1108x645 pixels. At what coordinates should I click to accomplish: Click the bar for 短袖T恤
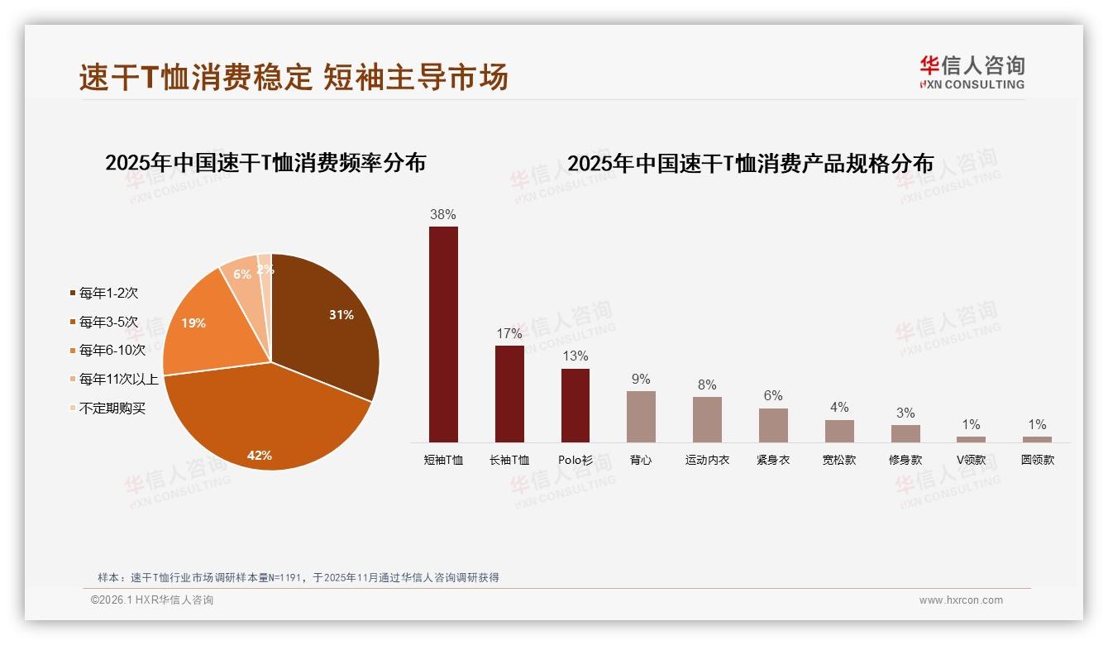click(443, 334)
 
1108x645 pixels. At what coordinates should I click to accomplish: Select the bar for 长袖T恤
click(509, 394)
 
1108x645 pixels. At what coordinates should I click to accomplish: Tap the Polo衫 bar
click(575, 405)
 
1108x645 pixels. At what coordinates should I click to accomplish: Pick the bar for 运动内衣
click(707, 419)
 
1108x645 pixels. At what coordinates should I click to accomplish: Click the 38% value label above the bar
click(443, 215)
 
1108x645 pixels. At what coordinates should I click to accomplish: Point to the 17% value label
click(509, 334)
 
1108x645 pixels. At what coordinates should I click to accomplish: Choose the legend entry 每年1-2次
click(107, 293)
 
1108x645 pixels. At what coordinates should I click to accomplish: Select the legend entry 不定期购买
click(112, 408)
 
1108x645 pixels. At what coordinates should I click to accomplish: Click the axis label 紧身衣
click(773, 460)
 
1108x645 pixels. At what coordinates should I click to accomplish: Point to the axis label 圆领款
click(1037, 460)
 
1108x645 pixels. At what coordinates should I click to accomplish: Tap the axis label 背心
click(641, 460)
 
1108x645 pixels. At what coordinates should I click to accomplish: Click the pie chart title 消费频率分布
click(265, 163)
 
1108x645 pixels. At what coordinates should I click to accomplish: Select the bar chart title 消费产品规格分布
click(750, 163)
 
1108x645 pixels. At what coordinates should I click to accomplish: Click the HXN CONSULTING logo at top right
click(972, 73)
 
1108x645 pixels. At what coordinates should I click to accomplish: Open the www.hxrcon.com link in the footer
click(961, 600)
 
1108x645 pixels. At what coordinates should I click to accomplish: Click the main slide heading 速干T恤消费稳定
click(196, 78)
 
